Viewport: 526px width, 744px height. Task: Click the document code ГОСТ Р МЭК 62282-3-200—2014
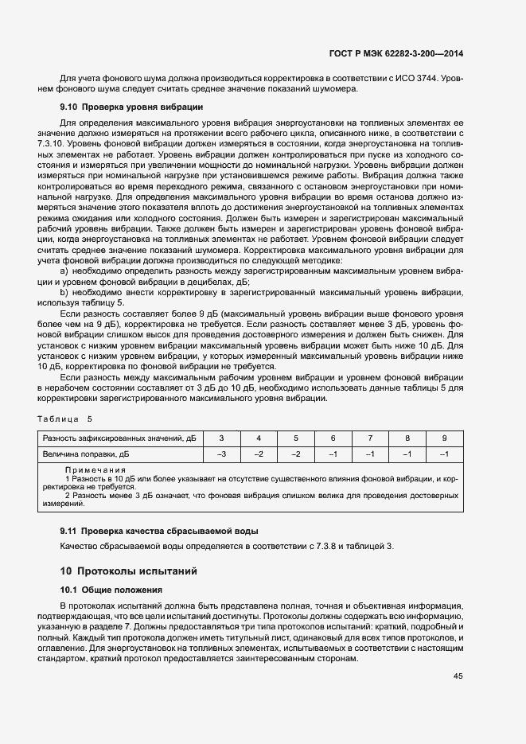pos(395,54)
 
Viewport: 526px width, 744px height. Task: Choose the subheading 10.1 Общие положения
pos(111,590)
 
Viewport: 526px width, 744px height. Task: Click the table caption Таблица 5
pos(65,419)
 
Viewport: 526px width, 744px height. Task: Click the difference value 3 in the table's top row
pos(221,438)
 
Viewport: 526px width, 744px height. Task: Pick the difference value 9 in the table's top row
pos(444,438)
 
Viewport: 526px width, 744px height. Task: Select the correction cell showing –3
pos(221,454)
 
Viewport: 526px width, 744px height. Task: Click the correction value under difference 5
pos(295,454)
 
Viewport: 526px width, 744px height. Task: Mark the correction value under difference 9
pos(444,454)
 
